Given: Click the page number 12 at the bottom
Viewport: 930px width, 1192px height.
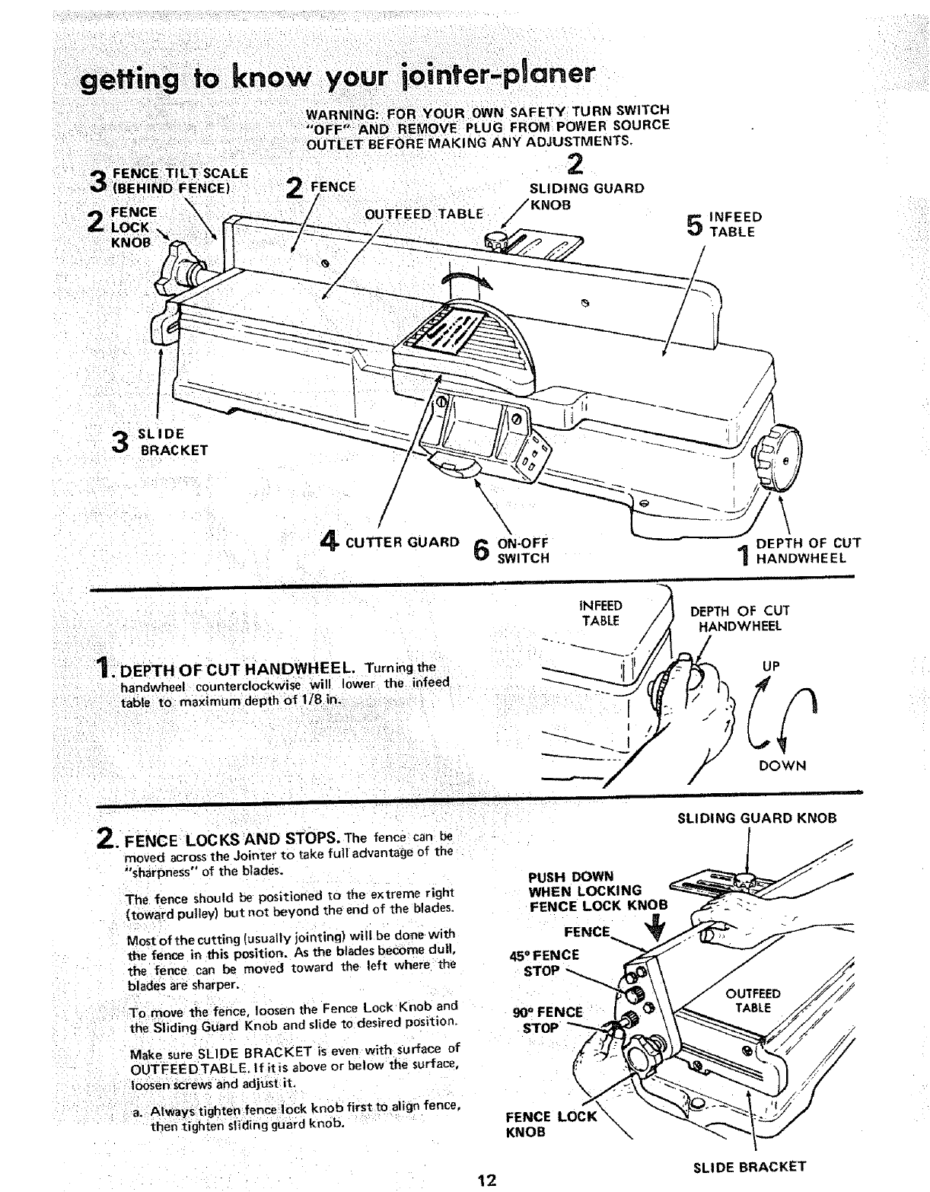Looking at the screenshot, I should click(x=486, y=1181).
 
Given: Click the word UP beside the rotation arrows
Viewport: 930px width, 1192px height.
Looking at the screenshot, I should click(x=771, y=665).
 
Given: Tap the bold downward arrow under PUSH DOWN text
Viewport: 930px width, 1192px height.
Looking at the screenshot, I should click(x=659, y=929).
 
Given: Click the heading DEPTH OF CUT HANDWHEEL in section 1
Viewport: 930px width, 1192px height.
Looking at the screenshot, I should click(x=236, y=668).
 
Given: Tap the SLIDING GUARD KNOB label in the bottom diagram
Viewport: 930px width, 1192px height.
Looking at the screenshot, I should click(x=756, y=818).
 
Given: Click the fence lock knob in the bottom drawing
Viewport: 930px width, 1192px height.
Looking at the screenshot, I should click(x=641, y=1061).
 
